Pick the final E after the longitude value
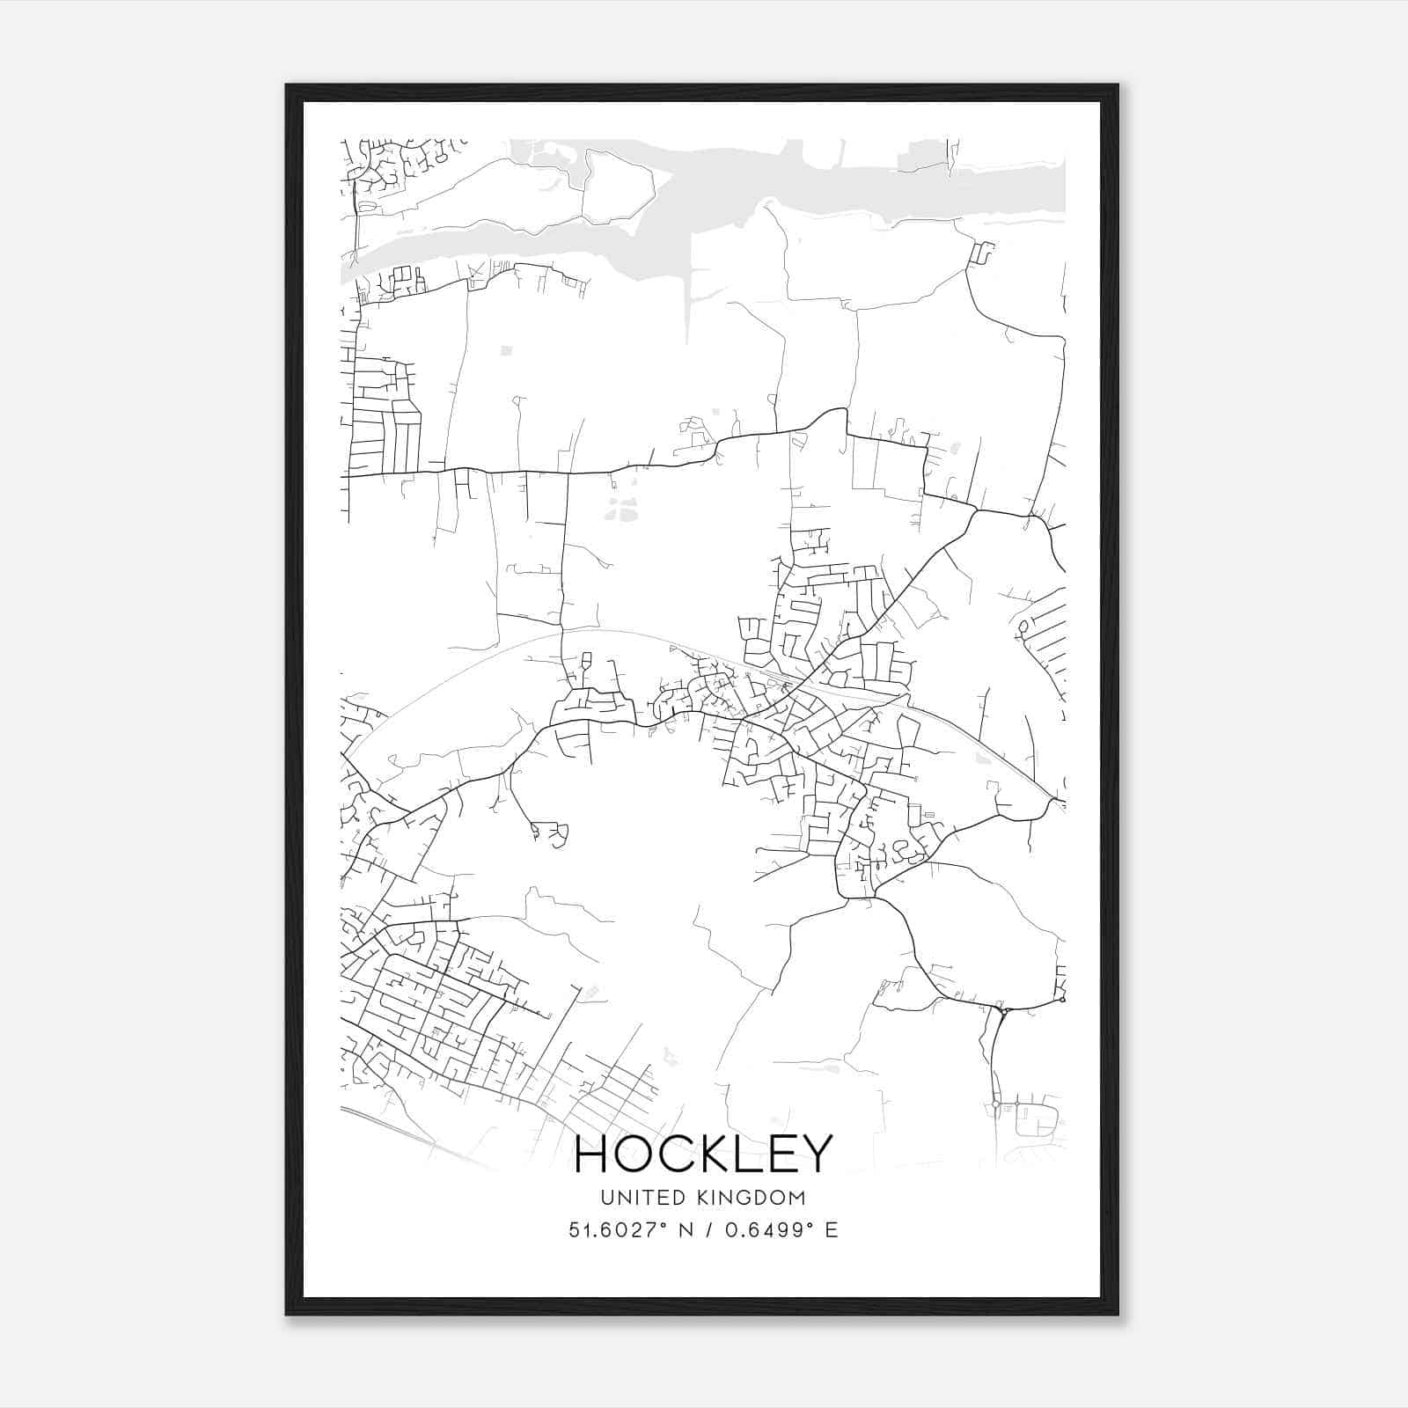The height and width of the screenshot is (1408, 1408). click(x=832, y=1230)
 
